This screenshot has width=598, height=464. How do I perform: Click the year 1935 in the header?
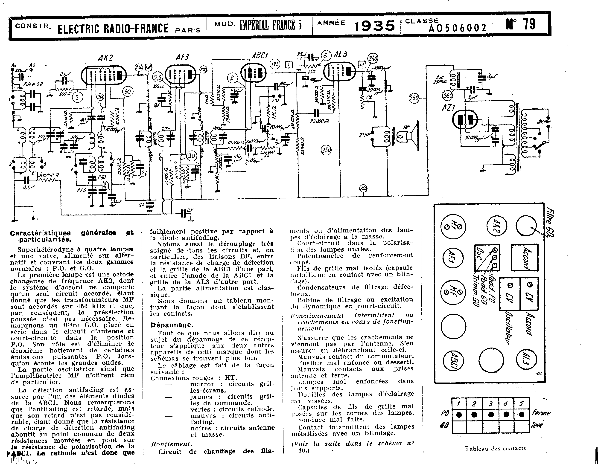(x=375, y=26)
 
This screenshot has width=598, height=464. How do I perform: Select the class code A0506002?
(x=458, y=28)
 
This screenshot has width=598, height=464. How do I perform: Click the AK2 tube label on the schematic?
(x=105, y=58)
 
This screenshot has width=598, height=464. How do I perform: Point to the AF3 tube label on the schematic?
(x=182, y=57)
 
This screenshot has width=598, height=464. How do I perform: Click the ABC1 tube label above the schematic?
(x=260, y=55)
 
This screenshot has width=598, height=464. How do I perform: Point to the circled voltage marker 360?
(x=447, y=96)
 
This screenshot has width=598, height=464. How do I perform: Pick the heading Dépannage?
(x=172, y=325)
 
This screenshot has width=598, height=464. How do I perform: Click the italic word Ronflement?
(x=172, y=444)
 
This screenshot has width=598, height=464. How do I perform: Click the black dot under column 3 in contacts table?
(x=491, y=415)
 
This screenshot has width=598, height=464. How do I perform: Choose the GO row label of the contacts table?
(x=444, y=425)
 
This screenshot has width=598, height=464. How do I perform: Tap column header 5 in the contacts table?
(x=521, y=403)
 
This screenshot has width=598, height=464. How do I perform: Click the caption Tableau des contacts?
(x=495, y=448)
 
